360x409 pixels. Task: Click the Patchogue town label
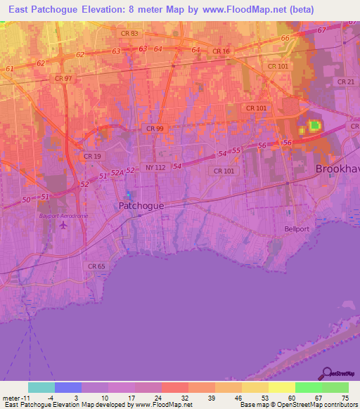141,206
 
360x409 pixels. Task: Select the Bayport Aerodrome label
63,216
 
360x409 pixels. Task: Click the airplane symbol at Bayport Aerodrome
64,225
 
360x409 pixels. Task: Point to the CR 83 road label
129,34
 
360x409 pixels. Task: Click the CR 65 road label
96,266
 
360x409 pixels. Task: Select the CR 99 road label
155,129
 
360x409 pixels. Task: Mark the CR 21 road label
345,82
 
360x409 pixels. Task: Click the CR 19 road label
92,156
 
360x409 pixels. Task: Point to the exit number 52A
116,172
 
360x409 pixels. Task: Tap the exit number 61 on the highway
10,68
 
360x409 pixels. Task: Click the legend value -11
14,397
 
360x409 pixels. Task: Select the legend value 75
344,397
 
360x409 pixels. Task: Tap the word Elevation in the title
108,9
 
